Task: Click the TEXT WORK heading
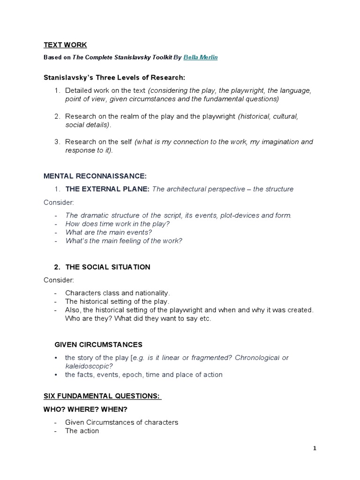(65, 45)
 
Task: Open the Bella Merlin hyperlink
(201, 57)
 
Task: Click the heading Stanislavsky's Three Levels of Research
(114, 77)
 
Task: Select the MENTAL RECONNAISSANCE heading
(95, 176)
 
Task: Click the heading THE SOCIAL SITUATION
(107, 267)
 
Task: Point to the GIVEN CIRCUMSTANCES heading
(98, 345)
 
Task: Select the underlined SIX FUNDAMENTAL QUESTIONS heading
(102, 396)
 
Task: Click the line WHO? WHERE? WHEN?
(85, 409)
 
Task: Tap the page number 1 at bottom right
(315, 448)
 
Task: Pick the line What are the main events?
(109, 232)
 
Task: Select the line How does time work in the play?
(117, 224)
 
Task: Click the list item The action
(82, 431)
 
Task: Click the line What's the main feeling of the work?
(124, 240)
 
